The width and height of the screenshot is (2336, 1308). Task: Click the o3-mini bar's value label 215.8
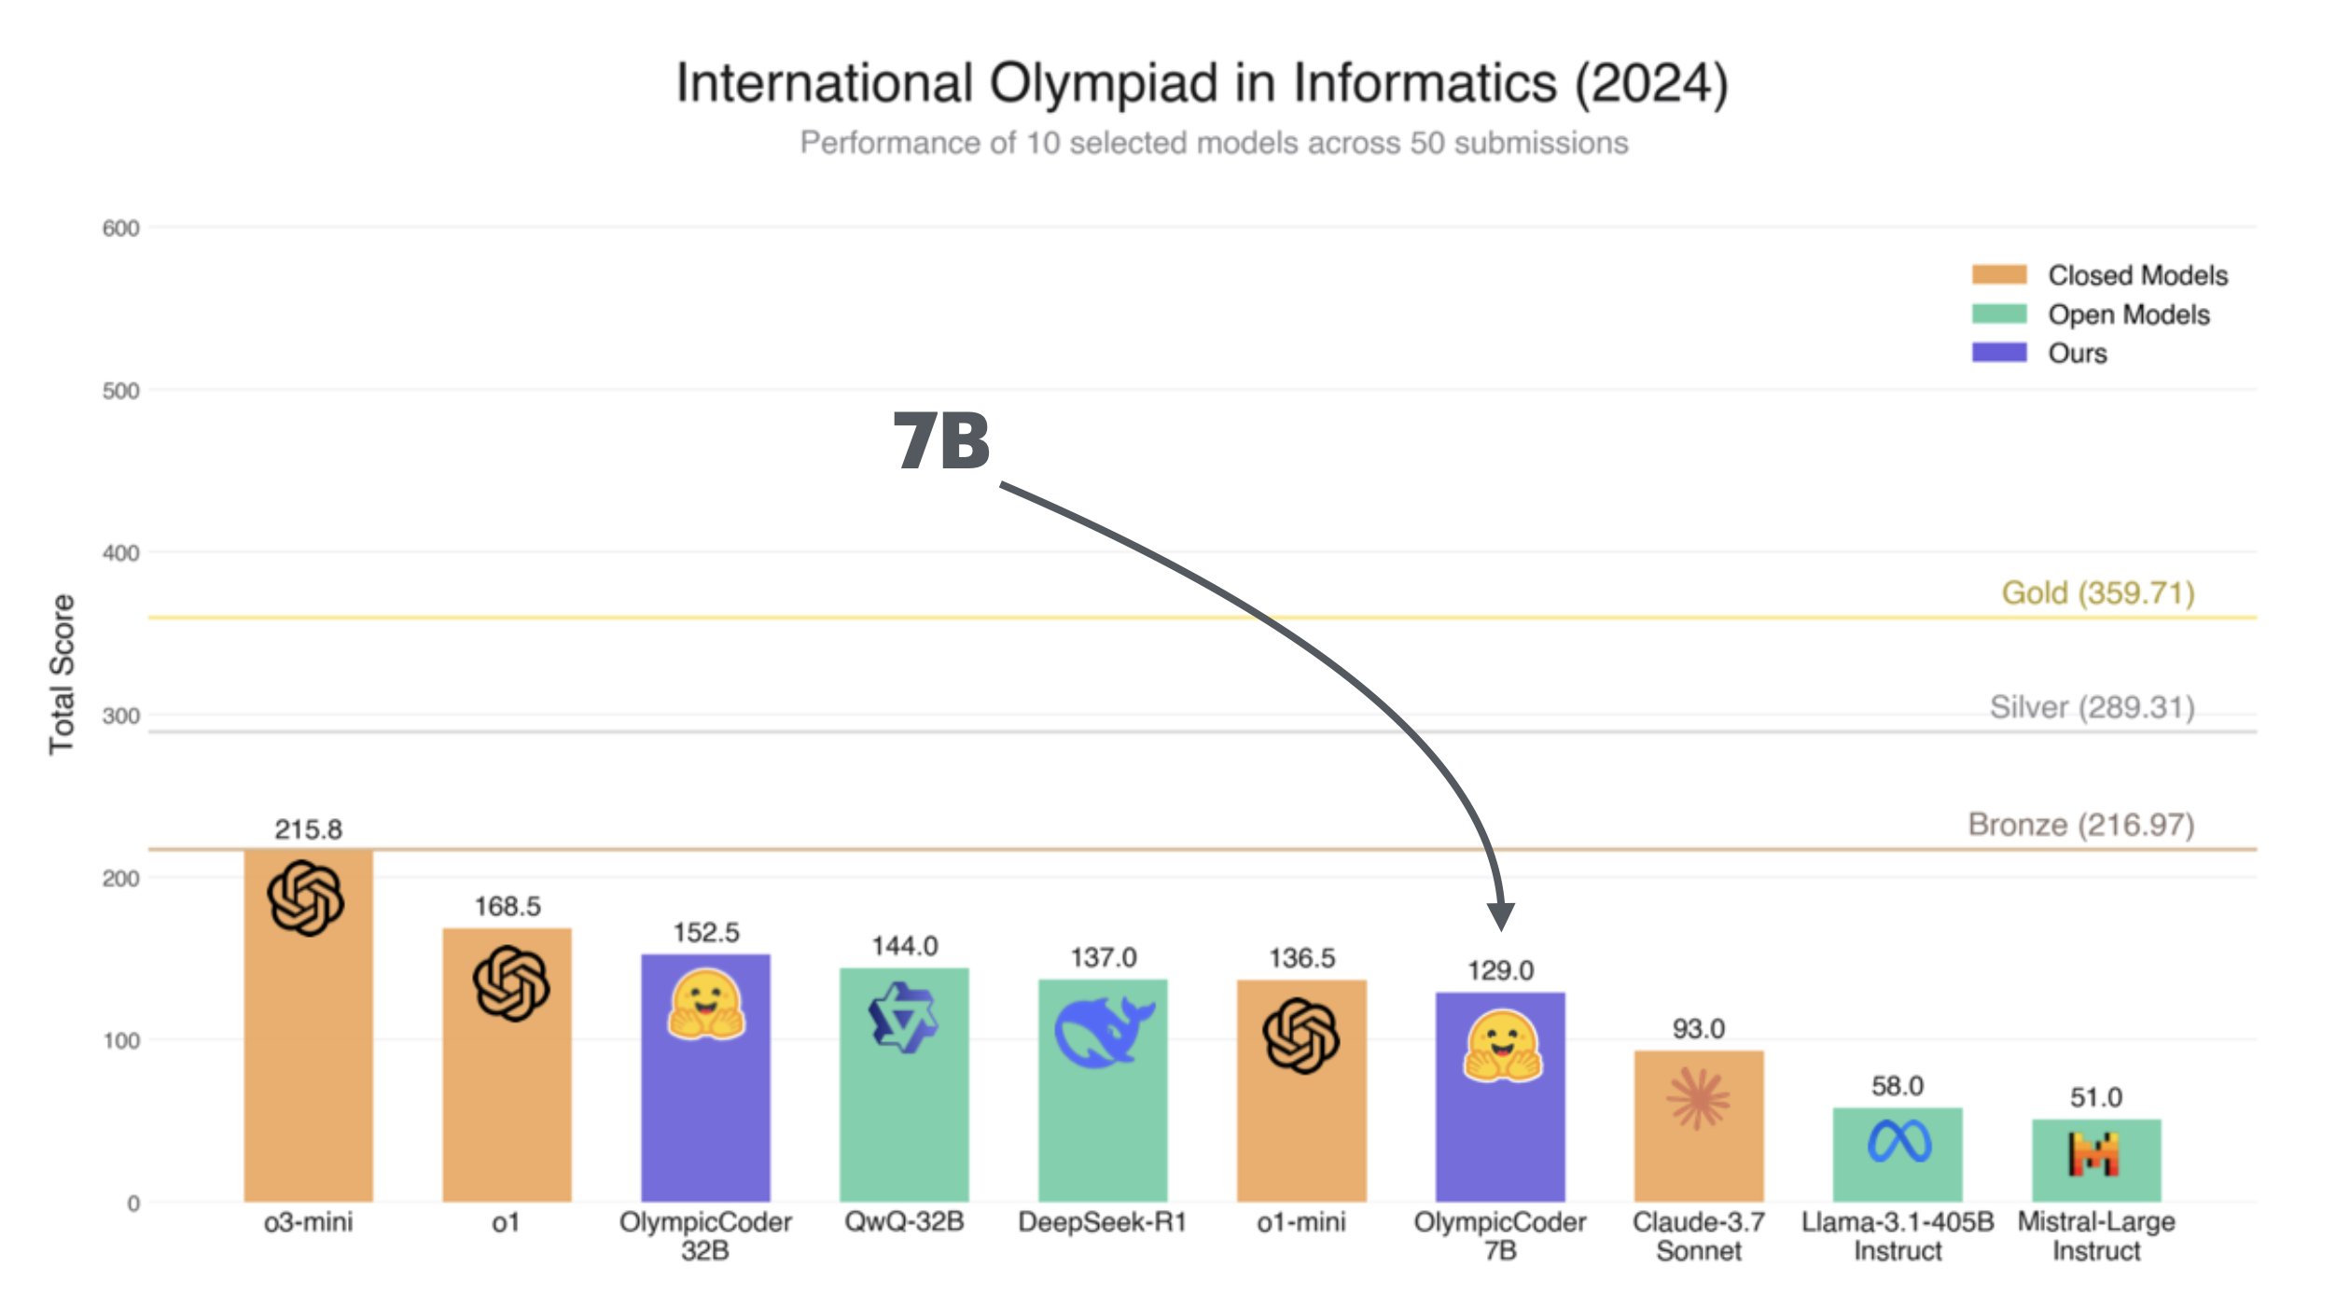click(x=308, y=828)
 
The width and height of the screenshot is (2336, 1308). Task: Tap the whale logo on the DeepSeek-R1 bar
click(x=1104, y=1030)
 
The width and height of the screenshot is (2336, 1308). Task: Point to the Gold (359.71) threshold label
click(x=2097, y=592)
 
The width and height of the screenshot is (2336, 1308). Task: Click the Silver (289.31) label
click(x=2092, y=707)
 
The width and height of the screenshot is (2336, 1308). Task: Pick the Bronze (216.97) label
click(x=2080, y=824)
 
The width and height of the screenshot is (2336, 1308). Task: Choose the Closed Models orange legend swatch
click(x=1998, y=274)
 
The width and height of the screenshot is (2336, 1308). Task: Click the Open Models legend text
click(x=2128, y=314)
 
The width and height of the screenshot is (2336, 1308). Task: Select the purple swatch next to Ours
click(x=1998, y=353)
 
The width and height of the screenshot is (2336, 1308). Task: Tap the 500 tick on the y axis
click(x=120, y=391)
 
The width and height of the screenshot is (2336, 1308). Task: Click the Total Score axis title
click(x=62, y=674)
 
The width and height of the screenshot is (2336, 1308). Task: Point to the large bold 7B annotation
click(x=941, y=440)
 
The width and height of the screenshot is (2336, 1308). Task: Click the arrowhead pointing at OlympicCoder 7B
click(x=1501, y=916)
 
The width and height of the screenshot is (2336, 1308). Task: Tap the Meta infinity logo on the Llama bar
click(x=1898, y=1141)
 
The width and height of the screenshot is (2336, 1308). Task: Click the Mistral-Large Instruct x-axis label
click(x=2095, y=1235)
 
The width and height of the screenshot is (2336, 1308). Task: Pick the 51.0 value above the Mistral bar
click(x=2095, y=1097)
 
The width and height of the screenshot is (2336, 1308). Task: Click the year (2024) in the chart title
click(x=1651, y=83)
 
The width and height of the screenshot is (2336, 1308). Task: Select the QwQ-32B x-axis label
click(x=903, y=1221)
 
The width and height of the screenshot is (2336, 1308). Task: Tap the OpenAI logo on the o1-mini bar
click(x=1301, y=1036)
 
